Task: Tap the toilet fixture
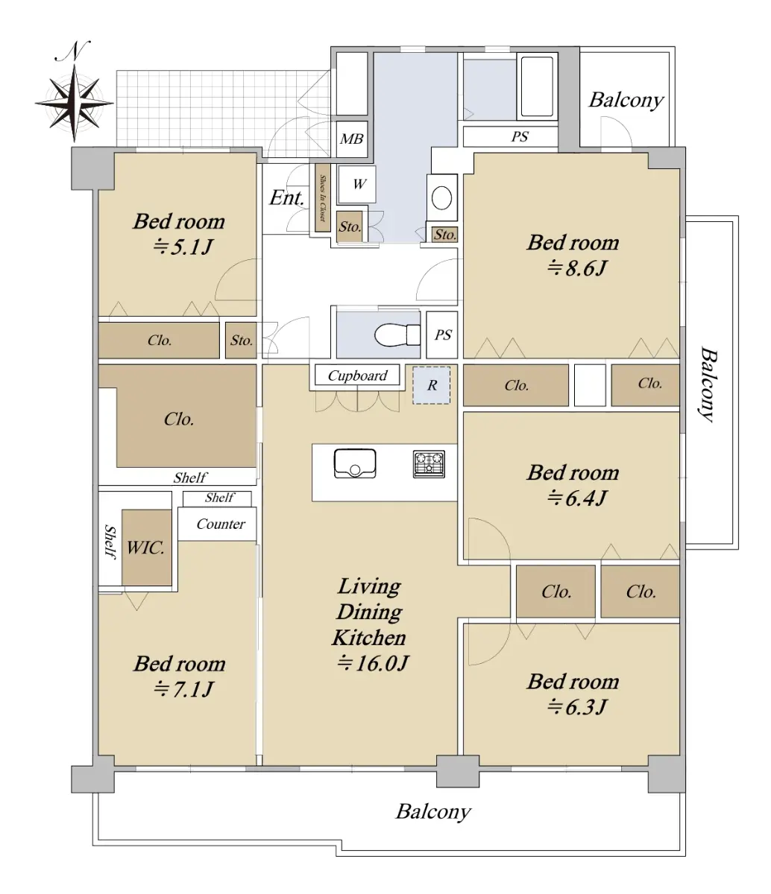(397, 335)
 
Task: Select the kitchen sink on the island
(354, 463)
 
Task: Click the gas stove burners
(429, 464)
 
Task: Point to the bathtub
(537, 86)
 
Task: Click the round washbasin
(441, 197)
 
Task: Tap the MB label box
(351, 139)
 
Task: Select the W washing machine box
(359, 184)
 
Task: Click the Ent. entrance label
(286, 197)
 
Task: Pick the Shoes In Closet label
(323, 197)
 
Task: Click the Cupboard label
(357, 375)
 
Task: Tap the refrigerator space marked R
(432, 385)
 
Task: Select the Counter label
(221, 524)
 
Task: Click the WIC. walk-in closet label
(145, 548)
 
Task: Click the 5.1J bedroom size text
(183, 247)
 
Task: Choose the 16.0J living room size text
(373, 663)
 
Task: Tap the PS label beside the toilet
(443, 335)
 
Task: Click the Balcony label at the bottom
(433, 812)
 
